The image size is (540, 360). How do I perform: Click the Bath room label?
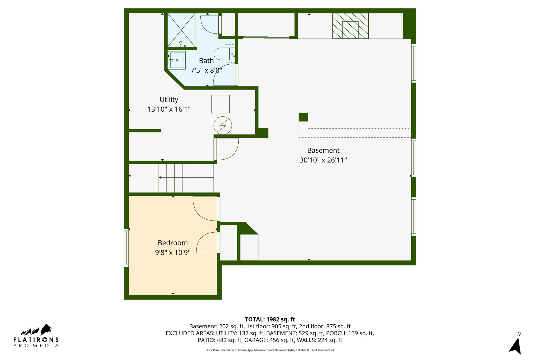[x=206, y=61]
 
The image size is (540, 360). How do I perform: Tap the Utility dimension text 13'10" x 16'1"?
[x=169, y=109]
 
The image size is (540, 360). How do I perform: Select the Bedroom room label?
[x=173, y=243]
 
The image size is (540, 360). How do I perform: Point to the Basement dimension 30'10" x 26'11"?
[x=323, y=160]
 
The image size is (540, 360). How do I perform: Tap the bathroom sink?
[x=177, y=60]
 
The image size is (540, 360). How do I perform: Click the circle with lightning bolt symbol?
[x=223, y=126]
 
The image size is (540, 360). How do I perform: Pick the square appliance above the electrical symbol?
[x=220, y=104]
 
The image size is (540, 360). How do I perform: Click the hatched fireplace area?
[x=350, y=26]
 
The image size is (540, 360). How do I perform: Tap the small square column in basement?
[x=303, y=117]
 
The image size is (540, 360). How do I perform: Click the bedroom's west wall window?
[x=126, y=248]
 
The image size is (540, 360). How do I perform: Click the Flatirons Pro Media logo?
[x=36, y=336]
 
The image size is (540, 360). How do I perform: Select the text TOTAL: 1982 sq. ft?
[x=270, y=319]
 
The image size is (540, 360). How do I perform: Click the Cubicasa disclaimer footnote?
[x=270, y=350]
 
